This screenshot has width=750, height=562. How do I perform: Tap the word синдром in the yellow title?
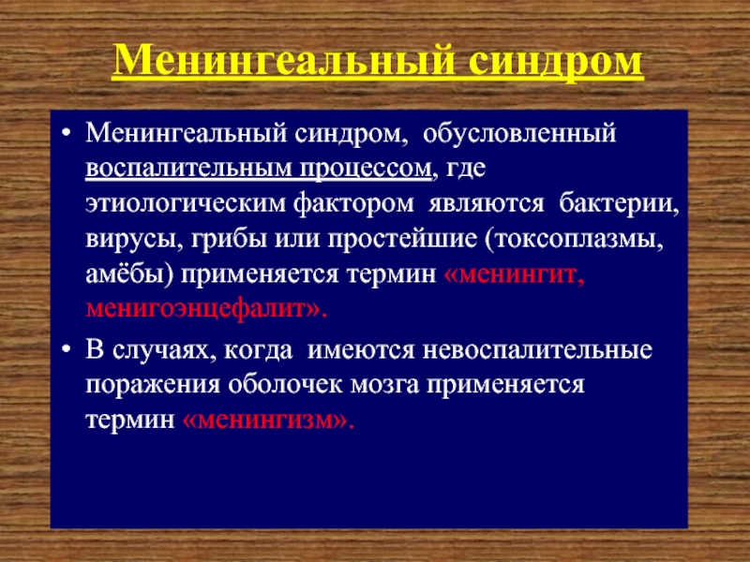(x=556, y=61)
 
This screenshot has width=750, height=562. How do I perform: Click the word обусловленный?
(x=519, y=133)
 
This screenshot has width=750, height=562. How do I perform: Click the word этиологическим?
(x=186, y=203)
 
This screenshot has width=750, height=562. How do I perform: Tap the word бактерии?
(x=619, y=203)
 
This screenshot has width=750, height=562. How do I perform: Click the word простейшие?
(x=402, y=239)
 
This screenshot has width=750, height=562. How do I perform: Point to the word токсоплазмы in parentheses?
(x=575, y=240)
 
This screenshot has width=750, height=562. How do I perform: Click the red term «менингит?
(x=514, y=274)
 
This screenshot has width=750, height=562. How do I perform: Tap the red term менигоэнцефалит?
(x=196, y=310)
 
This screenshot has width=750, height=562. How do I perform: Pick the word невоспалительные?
(x=537, y=349)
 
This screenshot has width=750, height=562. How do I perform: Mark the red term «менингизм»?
(x=268, y=421)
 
